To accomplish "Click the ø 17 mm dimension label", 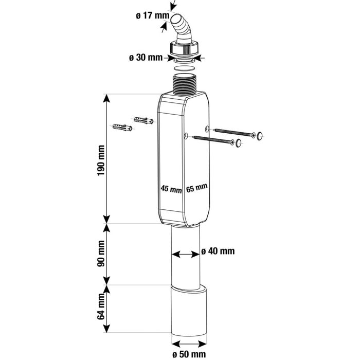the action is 152,16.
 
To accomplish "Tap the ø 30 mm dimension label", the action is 146,58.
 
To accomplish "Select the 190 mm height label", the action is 101,160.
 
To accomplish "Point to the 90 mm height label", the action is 101,254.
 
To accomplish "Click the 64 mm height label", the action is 101,307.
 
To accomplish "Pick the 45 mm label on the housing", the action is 171,189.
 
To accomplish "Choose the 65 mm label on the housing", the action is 197,188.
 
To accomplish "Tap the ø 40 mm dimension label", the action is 218,251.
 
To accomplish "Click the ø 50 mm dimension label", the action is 189,354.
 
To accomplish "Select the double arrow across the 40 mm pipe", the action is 186,255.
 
